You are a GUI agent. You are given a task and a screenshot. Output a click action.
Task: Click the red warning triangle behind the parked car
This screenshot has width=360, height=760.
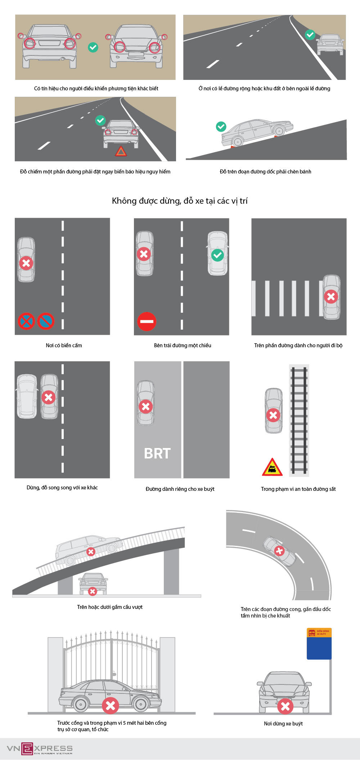point(121,151)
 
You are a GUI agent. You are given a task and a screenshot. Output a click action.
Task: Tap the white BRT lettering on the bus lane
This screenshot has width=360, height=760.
point(157,453)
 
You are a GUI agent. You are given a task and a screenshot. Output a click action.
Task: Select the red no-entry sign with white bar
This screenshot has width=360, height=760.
point(147,321)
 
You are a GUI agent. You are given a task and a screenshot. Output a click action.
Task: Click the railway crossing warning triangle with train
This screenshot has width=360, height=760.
point(272,467)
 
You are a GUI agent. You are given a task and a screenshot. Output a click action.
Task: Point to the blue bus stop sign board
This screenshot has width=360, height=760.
point(319,644)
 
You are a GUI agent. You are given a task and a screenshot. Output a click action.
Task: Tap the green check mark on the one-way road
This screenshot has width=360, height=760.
point(217,255)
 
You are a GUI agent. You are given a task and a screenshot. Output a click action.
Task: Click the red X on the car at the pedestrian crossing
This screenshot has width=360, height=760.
point(331,297)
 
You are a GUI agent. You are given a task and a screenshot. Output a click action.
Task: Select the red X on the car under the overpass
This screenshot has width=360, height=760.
point(93,591)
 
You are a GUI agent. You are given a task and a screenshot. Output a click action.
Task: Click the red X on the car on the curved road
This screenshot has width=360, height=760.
point(279,550)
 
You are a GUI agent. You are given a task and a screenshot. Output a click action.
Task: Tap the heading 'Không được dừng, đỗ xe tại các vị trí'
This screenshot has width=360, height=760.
point(180,201)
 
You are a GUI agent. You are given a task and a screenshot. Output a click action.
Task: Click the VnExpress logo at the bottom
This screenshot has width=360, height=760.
point(40,749)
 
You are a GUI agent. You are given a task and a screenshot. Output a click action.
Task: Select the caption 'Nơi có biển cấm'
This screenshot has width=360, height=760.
point(64,345)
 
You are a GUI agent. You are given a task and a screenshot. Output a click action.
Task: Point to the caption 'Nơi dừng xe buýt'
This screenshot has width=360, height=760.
point(283,723)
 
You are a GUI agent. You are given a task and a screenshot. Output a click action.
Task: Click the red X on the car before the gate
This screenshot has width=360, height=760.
point(111,705)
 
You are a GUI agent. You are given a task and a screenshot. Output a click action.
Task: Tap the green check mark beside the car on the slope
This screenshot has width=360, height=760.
point(221,127)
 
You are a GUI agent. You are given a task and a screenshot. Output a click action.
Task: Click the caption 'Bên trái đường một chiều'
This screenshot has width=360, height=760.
point(183,345)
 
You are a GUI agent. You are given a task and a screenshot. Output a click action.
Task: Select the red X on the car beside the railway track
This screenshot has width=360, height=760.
point(273,415)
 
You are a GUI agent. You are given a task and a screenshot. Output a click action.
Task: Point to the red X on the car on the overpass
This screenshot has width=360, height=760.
point(91,552)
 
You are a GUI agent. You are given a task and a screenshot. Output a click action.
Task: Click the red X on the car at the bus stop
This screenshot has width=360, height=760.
point(285,706)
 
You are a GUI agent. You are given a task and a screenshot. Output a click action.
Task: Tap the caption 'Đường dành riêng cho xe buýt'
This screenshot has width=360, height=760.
point(180,489)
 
